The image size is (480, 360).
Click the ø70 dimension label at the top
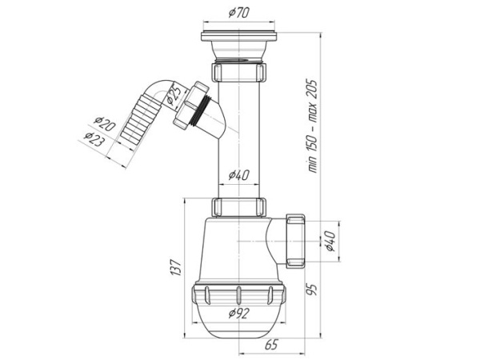point(239,13)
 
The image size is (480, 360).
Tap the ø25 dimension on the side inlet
point(174,94)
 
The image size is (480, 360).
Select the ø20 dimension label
point(105,123)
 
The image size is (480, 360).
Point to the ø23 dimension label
point(94,139)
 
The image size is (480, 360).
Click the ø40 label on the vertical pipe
point(239,175)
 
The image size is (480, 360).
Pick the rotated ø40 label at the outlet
point(330,242)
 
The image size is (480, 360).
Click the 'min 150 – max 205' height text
point(312,126)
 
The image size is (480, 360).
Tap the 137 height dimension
point(177,267)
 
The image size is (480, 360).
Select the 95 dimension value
point(312,290)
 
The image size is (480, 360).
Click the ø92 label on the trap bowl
point(239,313)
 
